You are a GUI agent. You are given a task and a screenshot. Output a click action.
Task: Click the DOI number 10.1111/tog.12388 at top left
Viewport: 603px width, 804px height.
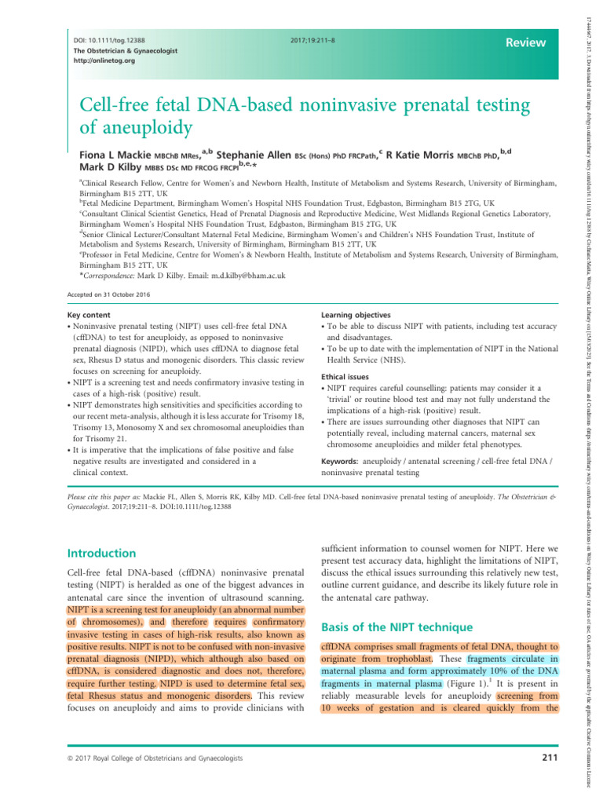[109, 38]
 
